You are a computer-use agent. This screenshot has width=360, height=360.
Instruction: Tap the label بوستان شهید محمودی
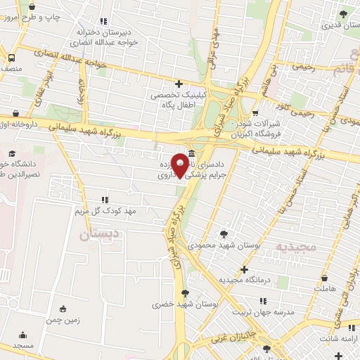(226, 246)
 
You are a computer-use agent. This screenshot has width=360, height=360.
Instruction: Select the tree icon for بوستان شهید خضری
(185, 293)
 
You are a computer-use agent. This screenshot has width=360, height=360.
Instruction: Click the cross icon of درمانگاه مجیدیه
(244, 269)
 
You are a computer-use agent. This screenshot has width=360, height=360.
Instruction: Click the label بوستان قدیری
(340, 25)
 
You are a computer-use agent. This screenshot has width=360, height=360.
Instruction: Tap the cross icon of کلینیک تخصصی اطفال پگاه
(179, 84)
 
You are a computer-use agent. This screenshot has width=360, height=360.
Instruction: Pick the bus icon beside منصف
(12, 58)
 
